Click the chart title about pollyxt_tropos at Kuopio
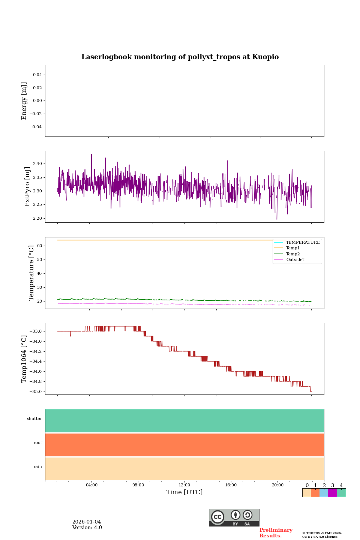(x=180, y=57)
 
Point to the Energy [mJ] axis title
(x=24, y=101)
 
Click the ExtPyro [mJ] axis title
(x=27, y=187)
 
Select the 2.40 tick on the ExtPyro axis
(x=37, y=164)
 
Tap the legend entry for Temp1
(x=293, y=248)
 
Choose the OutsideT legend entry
(x=295, y=260)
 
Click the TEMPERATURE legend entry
(x=303, y=243)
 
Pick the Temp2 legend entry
(x=293, y=254)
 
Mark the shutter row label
(x=34, y=419)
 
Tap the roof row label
(x=38, y=443)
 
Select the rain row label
(x=38, y=467)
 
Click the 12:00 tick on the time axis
(x=184, y=485)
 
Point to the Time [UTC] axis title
(x=184, y=492)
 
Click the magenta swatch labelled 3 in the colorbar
(x=332, y=493)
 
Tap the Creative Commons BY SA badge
(x=234, y=517)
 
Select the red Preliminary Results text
(x=276, y=533)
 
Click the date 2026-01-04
(x=87, y=522)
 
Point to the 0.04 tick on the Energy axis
(x=37, y=75)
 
